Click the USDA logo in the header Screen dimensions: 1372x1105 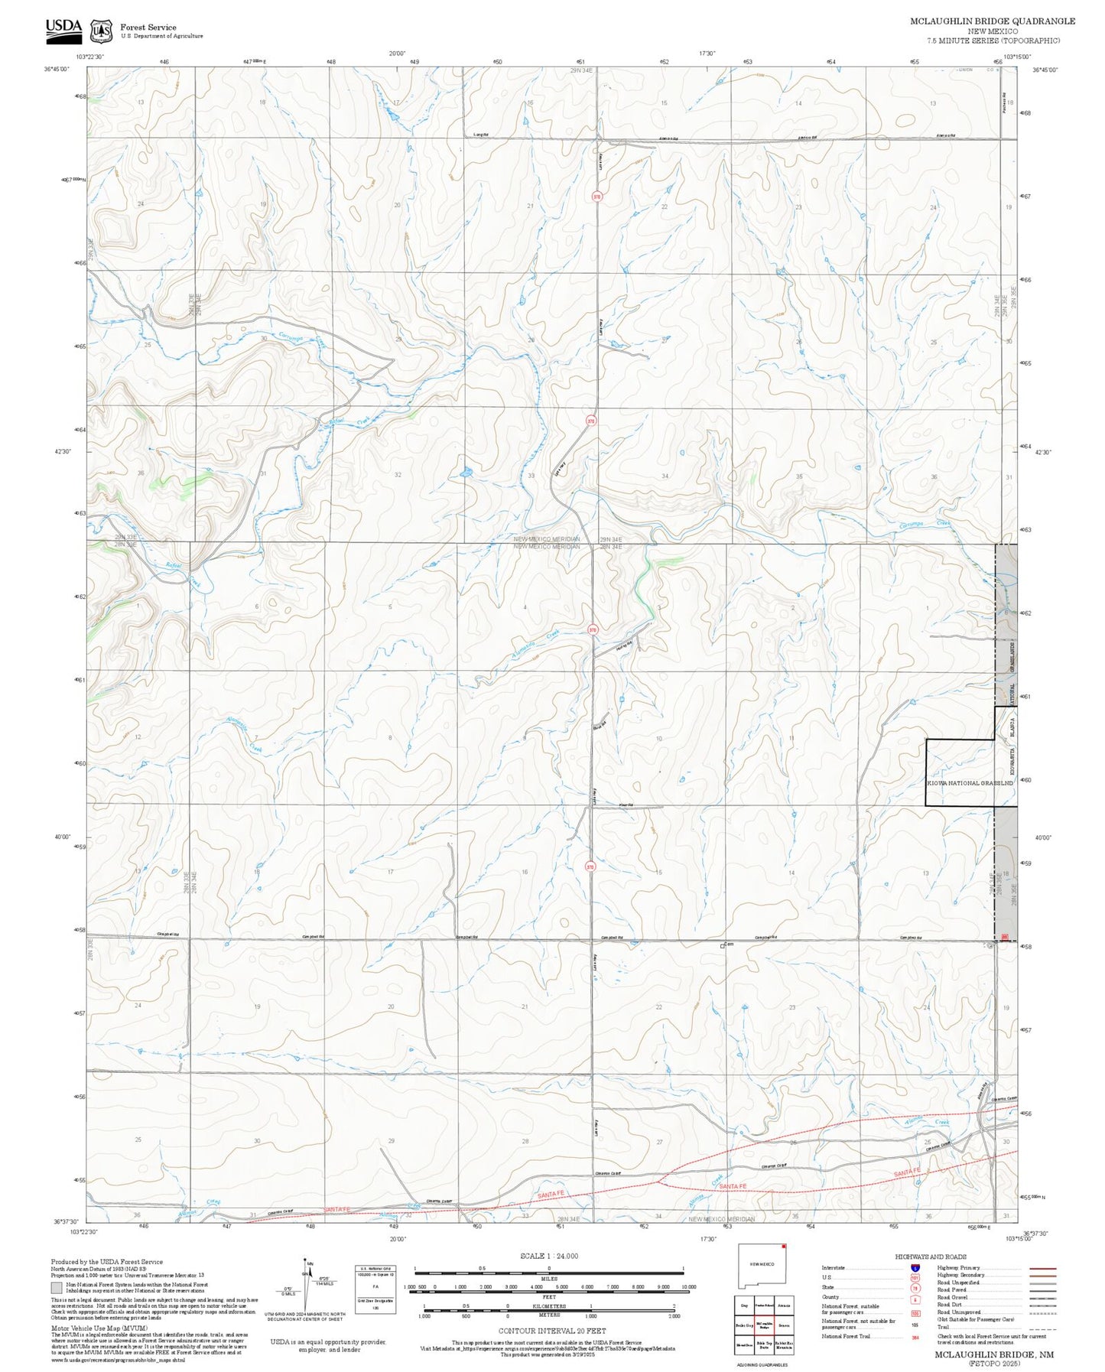[x=63, y=29]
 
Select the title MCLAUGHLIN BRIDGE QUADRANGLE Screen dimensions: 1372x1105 [x=992, y=21]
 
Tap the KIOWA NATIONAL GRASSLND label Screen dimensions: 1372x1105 [x=970, y=783]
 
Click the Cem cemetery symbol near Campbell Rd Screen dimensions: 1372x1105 [x=723, y=946]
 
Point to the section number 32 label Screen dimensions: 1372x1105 [x=398, y=475]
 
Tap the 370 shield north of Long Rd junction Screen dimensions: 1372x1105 [x=596, y=197]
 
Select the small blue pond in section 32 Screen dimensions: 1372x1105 [x=463, y=473]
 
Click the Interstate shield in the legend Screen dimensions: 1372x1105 [x=915, y=1268]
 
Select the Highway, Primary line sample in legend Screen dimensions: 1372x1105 [x=1043, y=1268]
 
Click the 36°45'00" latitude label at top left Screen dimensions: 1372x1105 [x=57, y=70]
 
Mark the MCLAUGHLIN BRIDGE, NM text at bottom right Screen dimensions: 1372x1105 [x=993, y=1354]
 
